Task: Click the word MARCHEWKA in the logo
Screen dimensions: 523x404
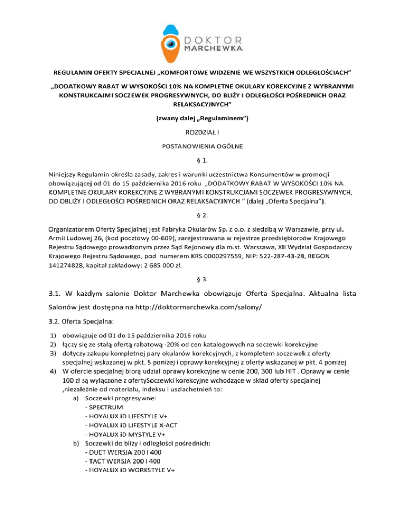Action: coord(213,48)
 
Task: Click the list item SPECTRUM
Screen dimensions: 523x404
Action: coord(106,406)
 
